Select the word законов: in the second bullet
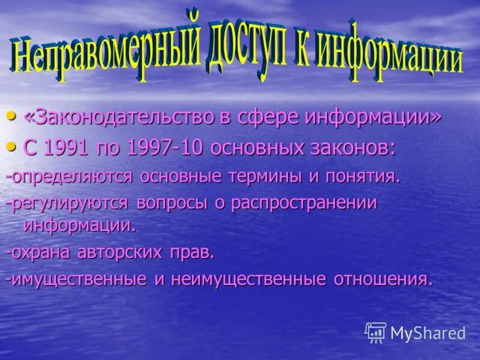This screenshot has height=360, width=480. (355, 148)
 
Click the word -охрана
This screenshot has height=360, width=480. (40, 252)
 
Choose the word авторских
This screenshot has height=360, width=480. (120, 252)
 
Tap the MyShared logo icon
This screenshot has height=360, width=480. (376, 332)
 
